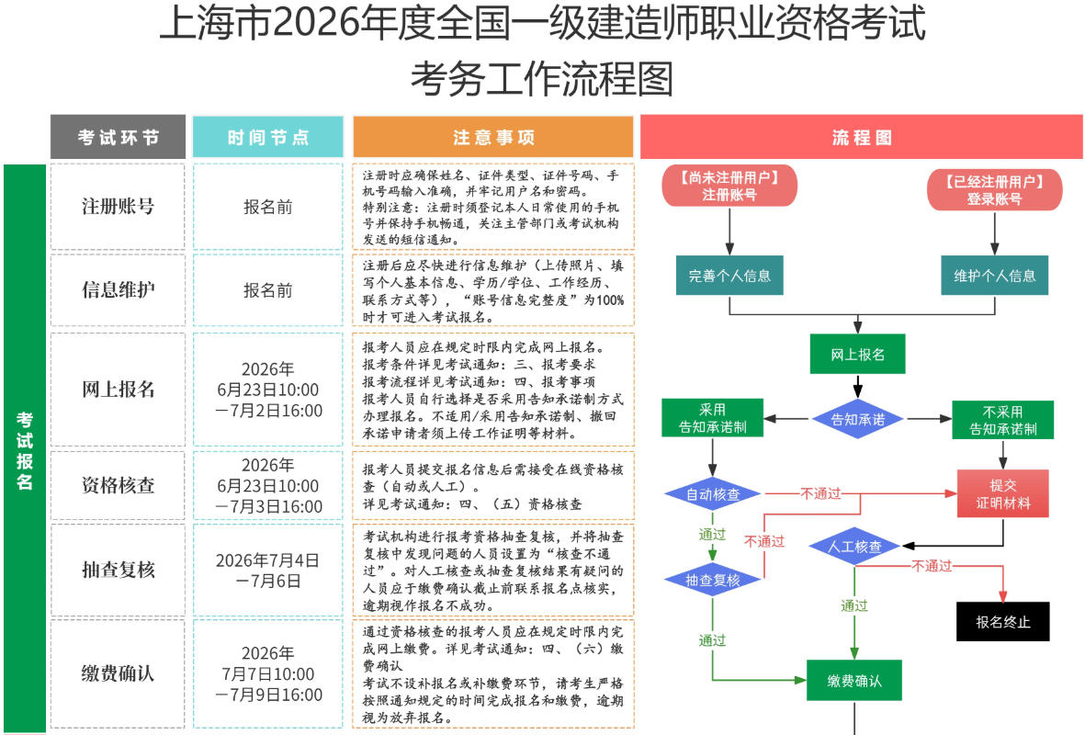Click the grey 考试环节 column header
point(118,137)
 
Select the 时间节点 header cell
point(267,137)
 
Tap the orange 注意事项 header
point(493,137)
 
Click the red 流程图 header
point(862,137)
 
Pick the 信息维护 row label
point(118,290)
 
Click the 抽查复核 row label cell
point(118,570)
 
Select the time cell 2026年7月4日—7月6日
point(267,570)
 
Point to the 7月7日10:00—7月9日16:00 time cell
point(267,673)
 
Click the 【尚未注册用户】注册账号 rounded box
point(729,186)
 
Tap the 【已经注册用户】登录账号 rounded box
point(994,189)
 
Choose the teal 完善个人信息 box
point(729,276)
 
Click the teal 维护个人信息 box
point(994,276)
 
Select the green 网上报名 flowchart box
point(857,355)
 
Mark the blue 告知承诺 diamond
point(857,419)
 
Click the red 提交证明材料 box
point(1002,493)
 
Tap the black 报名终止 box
point(1002,621)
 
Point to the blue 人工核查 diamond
point(854,547)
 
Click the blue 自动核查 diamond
point(713,494)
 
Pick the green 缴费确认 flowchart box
point(853,680)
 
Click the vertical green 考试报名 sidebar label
point(25,449)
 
